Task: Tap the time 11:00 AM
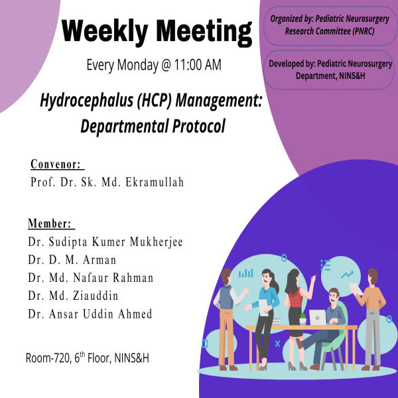198,64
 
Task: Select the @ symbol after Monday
166,65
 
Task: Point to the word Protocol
199,126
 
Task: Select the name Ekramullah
155,182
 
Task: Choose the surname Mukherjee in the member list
156,242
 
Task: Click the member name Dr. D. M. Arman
72,259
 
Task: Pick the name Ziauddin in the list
96,295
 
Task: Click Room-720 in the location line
48,358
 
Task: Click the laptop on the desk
318,317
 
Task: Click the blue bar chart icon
245,273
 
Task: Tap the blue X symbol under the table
277,344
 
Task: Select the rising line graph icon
347,275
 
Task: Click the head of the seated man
334,295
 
